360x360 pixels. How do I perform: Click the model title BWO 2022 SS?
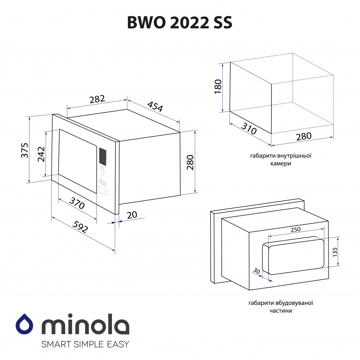tap(180, 22)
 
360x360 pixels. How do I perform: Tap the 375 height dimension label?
tap(25, 150)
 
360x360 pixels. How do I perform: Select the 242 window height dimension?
tap(41, 154)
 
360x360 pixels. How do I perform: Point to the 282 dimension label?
tap(97, 99)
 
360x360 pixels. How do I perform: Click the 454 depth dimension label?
tap(155, 106)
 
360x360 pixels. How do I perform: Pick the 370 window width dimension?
tap(77, 203)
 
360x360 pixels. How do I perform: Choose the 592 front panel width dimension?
tap(80, 227)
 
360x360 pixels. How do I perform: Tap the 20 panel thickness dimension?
tap(132, 215)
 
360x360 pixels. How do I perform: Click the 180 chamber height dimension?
tap(218, 86)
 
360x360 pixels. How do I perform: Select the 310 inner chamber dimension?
tap(249, 129)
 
